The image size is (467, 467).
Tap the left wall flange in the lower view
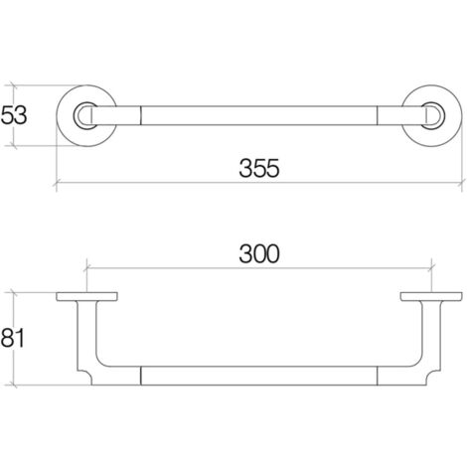coord(87,297)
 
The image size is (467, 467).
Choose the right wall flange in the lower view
coord(429,297)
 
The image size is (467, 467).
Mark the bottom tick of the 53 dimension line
coord(17,145)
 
